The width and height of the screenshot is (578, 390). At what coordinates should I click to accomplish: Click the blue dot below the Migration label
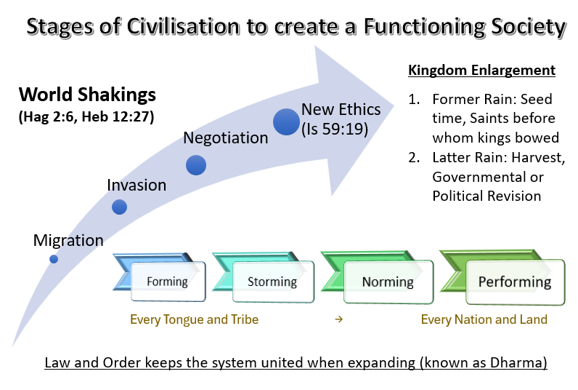click(x=54, y=259)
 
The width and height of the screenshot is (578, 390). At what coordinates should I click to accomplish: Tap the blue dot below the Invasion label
click(x=119, y=207)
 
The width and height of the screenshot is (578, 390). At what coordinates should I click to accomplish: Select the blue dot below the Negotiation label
click(x=196, y=164)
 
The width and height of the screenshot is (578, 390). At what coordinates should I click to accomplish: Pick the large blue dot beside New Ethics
click(x=286, y=122)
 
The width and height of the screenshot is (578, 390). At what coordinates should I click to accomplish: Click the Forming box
click(x=168, y=282)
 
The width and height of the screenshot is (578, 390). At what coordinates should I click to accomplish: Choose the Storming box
click(x=273, y=282)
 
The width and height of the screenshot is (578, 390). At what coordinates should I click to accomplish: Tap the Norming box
click(x=388, y=282)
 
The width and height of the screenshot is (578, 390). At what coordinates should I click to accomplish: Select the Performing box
click(x=515, y=282)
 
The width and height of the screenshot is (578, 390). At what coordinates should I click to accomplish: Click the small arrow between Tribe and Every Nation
click(x=339, y=319)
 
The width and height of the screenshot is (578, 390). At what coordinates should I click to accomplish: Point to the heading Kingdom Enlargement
click(x=482, y=70)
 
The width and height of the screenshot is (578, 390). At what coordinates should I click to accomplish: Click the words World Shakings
click(x=87, y=95)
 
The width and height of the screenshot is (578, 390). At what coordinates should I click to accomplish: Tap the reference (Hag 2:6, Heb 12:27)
click(x=86, y=116)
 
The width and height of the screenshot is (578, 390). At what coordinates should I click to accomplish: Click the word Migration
click(x=68, y=241)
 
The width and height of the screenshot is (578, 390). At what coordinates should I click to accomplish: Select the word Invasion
click(x=137, y=185)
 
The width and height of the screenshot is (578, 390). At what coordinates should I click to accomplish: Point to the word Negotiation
click(x=226, y=138)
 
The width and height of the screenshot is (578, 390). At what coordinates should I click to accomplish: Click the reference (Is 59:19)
click(x=335, y=129)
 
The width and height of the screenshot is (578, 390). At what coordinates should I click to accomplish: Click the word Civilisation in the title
click(x=183, y=27)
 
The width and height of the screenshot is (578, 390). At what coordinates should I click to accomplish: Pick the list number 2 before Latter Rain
click(x=414, y=158)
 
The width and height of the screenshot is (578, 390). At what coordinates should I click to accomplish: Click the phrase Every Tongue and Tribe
click(x=195, y=319)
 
